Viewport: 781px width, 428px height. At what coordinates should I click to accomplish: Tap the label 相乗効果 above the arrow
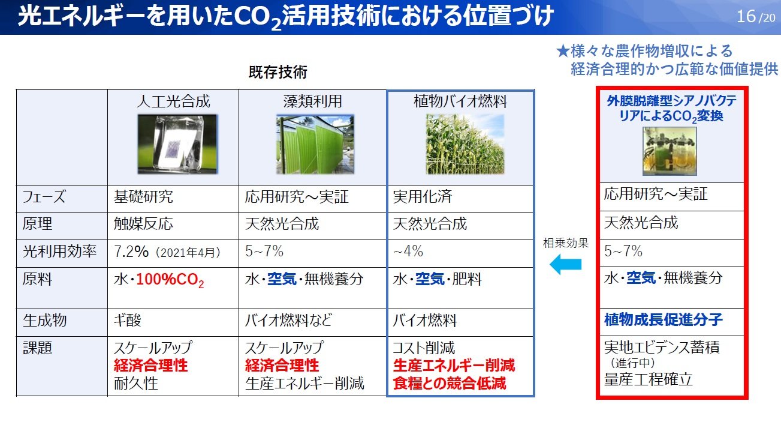pyautogui.click(x=565, y=244)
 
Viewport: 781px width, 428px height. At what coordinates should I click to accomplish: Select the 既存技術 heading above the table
pyautogui.click(x=278, y=73)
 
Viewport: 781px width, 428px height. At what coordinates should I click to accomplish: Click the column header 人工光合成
pyautogui.click(x=173, y=101)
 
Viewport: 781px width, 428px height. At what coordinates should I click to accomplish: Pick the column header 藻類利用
pyautogui.click(x=312, y=101)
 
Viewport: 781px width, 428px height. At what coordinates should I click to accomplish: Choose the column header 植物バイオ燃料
pyautogui.click(x=460, y=101)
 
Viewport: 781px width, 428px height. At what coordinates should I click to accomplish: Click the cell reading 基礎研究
pyautogui.click(x=143, y=197)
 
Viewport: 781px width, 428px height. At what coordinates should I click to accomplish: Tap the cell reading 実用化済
pyautogui.click(x=423, y=197)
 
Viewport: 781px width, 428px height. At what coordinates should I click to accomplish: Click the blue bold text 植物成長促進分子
pyautogui.click(x=663, y=319)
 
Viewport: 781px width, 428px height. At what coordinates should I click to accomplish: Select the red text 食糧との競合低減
pyautogui.click(x=450, y=383)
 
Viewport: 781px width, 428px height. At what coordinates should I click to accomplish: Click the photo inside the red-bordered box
pyautogui.click(x=669, y=151)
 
